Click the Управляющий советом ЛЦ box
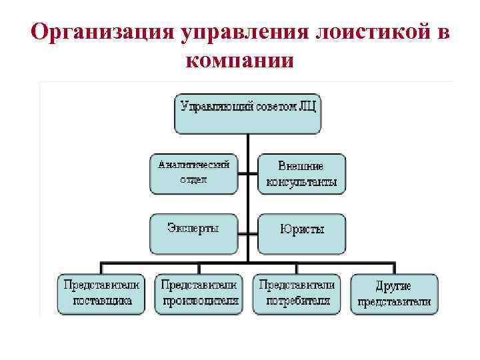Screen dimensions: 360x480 coord(248,114)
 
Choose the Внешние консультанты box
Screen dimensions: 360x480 coord(301,174)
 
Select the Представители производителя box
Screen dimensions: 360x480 coord(199,293)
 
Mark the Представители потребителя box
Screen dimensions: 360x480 coord(297,293)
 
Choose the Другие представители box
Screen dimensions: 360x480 coord(394,293)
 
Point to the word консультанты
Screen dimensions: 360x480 coord(301,182)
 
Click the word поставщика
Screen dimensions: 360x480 coord(102,301)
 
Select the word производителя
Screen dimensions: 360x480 coord(199,301)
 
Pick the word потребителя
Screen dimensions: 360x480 coord(297,301)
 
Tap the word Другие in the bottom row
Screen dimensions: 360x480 coord(393,285)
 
